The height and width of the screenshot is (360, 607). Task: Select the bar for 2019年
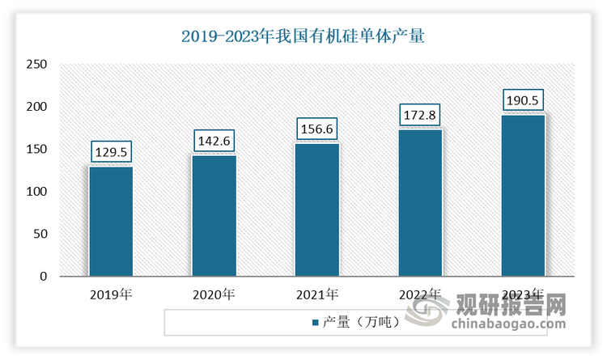click(111, 221)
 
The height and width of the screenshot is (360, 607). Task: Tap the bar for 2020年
click(214, 215)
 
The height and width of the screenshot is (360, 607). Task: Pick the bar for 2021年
click(316, 210)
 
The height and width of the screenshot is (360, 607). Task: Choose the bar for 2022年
click(420, 202)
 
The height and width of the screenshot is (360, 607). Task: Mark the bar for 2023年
click(523, 195)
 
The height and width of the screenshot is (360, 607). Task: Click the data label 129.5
click(111, 151)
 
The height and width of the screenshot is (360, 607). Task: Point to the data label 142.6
click(214, 141)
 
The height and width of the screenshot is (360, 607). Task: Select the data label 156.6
click(316, 129)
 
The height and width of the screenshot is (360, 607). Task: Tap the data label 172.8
click(420, 115)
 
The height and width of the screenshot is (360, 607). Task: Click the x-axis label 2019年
click(111, 294)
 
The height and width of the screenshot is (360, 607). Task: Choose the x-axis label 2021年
click(316, 294)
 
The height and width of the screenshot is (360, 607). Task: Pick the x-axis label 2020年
click(214, 294)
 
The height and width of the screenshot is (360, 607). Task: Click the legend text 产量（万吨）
click(362, 323)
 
